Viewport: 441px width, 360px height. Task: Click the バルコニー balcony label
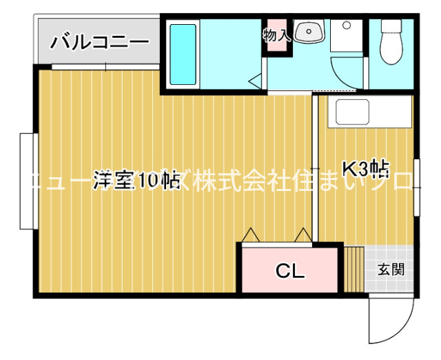99,42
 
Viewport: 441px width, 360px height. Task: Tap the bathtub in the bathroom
183,55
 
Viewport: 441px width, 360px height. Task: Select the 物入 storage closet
277,34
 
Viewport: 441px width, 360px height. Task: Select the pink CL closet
289,271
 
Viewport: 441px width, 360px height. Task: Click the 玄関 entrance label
391,269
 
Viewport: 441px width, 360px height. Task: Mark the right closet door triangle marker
302,235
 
